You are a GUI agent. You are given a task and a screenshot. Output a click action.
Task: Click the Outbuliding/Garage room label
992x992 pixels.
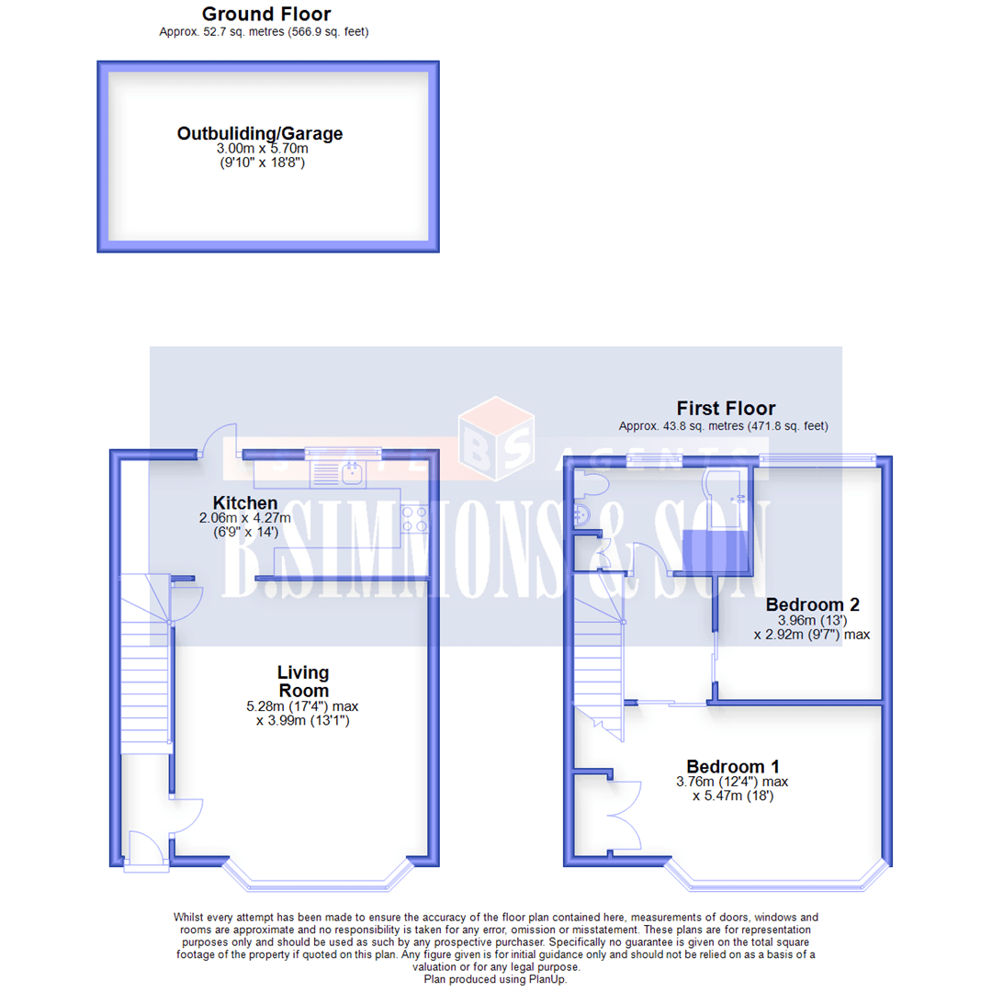point(260,134)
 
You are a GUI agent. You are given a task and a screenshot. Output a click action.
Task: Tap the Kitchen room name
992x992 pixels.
point(245,503)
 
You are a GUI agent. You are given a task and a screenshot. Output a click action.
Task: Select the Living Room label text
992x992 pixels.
point(303,682)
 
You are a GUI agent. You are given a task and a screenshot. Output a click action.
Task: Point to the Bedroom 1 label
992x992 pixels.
point(733,767)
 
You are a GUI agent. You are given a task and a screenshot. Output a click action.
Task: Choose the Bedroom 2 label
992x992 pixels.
point(813,605)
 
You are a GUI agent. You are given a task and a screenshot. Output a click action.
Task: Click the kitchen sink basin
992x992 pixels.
point(351,474)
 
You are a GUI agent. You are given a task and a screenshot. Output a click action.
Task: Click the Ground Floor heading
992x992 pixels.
point(266,14)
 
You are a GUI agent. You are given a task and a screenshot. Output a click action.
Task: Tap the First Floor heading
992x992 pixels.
point(726,409)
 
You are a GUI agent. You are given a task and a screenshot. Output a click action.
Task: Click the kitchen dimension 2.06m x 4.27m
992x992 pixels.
point(245,518)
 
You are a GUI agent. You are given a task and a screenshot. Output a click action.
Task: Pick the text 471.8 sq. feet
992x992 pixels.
point(780,425)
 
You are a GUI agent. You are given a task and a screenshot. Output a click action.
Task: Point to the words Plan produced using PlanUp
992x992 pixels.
point(495,979)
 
